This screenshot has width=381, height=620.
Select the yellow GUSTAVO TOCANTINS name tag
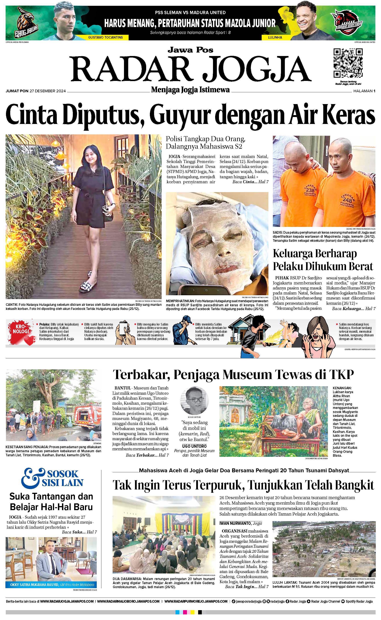pyautogui.click(x=105, y=37)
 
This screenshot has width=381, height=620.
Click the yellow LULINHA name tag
pyautogui.click(x=275, y=37)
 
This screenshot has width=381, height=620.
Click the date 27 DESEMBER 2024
pyautogui.click(x=48, y=91)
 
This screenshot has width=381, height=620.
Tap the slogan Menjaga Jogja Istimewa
pyautogui.click(x=190, y=90)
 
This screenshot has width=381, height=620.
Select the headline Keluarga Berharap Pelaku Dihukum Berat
pyautogui.click(x=323, y=260)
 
